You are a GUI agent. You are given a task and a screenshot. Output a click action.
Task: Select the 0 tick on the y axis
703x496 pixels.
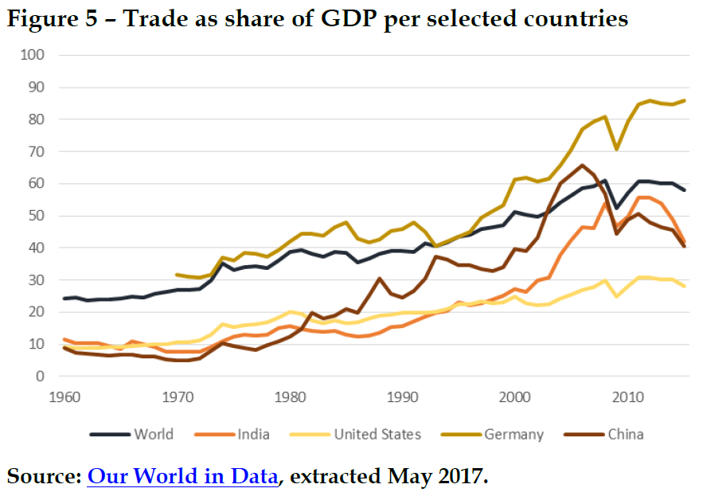pos(40,376)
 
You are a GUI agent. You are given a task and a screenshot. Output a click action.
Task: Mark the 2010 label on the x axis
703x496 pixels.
pos(629,396)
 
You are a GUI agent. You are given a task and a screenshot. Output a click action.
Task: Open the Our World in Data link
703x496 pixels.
pos(183,476)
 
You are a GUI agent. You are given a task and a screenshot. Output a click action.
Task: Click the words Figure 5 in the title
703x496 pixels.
pos(52,18)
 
